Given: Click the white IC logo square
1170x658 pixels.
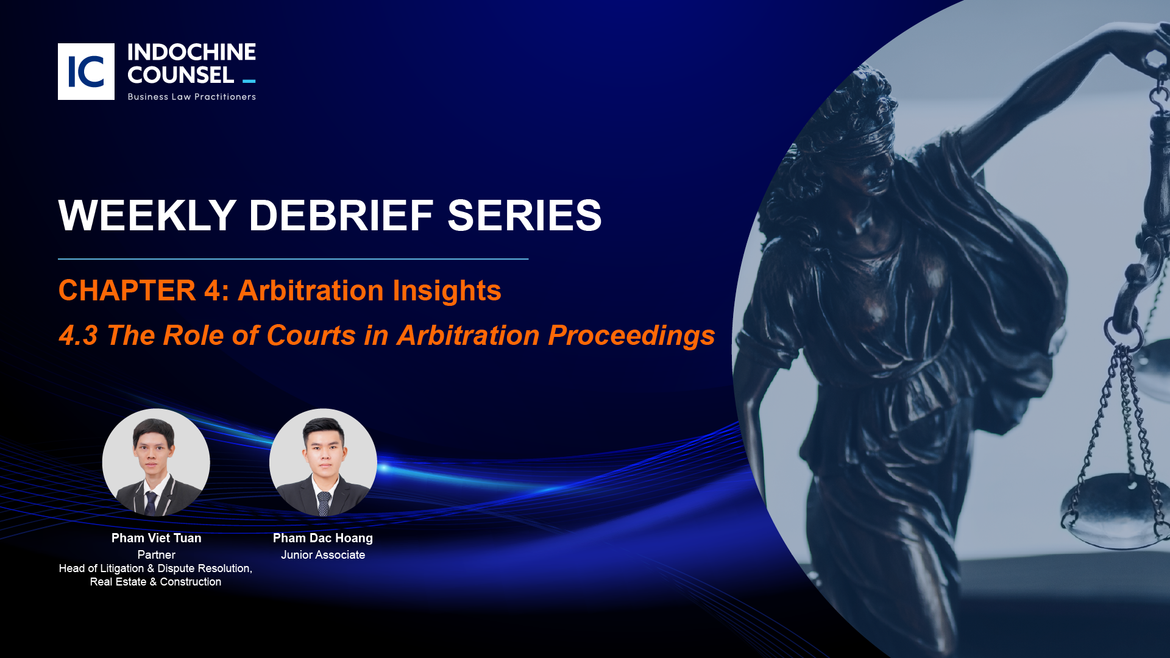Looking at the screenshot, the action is (x=86, y=71).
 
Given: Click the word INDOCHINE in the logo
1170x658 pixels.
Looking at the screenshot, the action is (x=191, y=52).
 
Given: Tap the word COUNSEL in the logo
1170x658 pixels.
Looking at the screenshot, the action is (x=180, y=75).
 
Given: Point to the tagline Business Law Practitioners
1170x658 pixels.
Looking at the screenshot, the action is (x=191, y=97).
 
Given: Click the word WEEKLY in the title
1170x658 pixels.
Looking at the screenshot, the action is (x=147, y=216).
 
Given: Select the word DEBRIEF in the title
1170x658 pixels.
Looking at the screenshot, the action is (x=341, y=216).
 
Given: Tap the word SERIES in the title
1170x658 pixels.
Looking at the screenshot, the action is (x=525, y=216).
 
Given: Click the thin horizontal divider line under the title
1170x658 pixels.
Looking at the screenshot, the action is (x=293, y=259).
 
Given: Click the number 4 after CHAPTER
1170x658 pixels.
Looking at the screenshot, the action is (x=212, y=291).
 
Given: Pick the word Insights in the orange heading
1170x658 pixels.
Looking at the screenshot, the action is (x=447, y=291).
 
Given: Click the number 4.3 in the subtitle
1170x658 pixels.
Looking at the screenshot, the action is (x=78, y=336).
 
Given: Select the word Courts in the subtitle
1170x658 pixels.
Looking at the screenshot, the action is (x=311, y=336).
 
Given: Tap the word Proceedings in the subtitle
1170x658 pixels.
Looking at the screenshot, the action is (x=631, y=336).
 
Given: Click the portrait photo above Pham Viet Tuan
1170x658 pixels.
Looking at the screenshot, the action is (x=156, y=462).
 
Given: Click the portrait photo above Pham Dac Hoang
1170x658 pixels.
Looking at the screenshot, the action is (x=323, y=462).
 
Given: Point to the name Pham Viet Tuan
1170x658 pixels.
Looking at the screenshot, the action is (x=156, y=538).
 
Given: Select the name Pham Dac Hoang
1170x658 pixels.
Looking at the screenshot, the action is (x=323, y=538).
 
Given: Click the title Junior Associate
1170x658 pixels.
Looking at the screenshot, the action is (x=323, y=555).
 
